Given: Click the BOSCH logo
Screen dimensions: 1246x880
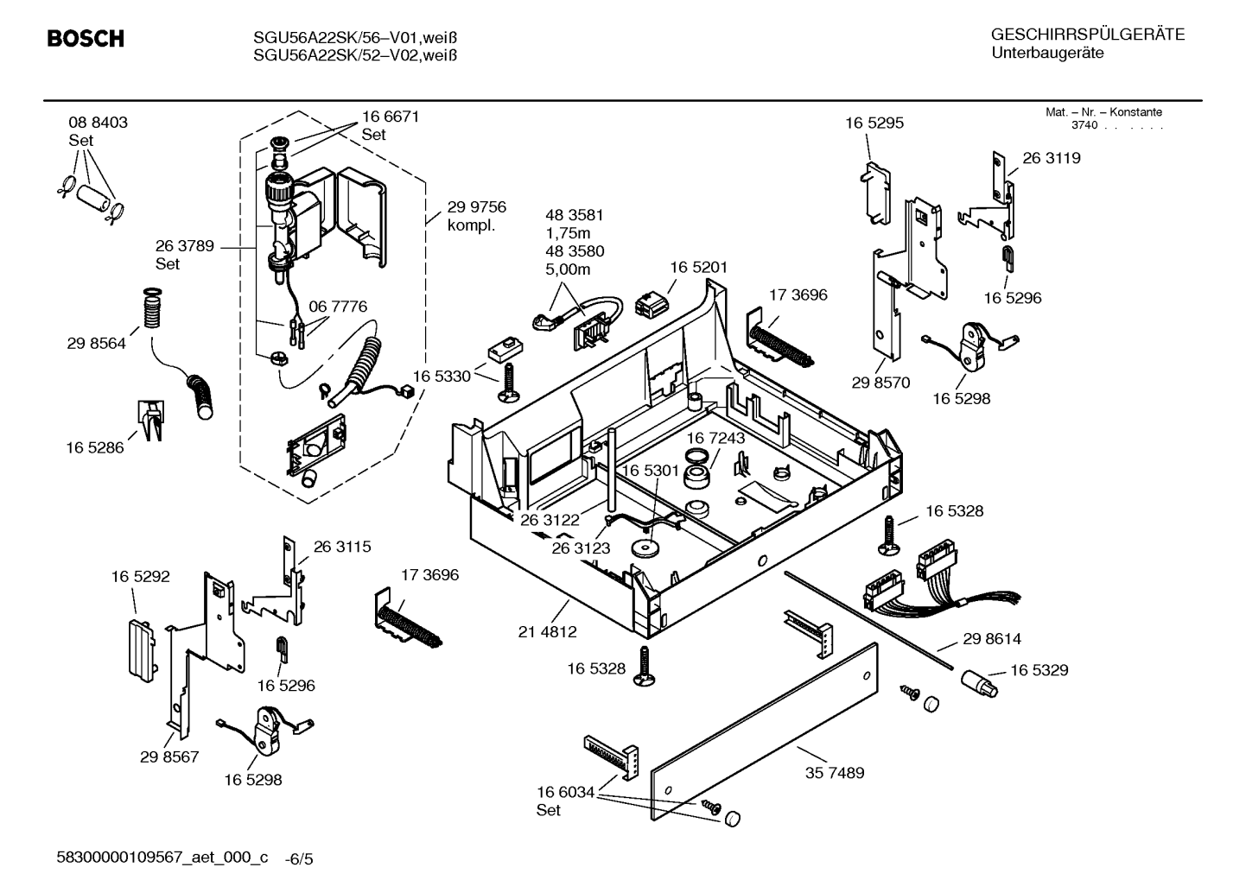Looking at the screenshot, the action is pos(86,38).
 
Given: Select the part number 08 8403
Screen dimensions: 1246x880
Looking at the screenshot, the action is pos(98,123).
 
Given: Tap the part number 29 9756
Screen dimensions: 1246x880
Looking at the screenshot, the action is pos(477,207).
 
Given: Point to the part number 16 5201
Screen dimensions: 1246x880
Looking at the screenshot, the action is pos(698,268).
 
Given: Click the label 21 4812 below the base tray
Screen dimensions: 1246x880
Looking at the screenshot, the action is pos(547,631).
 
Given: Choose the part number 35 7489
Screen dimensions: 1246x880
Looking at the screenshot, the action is pos(835,773).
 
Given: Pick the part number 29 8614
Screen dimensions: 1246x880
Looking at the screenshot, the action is pos(992,639).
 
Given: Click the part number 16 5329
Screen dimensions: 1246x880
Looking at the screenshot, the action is pos(1039,670).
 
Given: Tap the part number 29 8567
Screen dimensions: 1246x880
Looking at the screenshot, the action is pos(169,757).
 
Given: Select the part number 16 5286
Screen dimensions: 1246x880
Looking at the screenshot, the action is pos(95,447).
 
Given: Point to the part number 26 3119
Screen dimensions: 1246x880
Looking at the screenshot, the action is pos(1052,158).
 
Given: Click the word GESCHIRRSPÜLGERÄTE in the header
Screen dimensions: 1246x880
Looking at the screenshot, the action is pos(1088,35).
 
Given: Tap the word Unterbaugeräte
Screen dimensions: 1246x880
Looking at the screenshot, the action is pos(1047,54).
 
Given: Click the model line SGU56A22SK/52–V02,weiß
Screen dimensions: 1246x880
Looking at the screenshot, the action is pos(355,55).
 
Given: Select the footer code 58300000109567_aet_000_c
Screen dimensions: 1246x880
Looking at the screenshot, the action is pos(162,857).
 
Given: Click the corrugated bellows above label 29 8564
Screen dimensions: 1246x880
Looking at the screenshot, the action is pos(152,310).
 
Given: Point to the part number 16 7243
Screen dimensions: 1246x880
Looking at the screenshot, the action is pos(715,438).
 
